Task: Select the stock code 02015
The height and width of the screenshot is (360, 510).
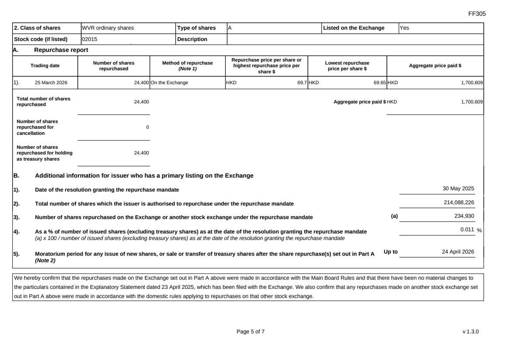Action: click(x=90, y=39)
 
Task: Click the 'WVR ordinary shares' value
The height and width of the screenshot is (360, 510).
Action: click(x=107, y=28)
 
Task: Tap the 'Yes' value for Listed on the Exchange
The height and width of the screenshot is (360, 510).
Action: click(x=404, y=28)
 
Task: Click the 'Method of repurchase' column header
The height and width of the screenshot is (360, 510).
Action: click(x=187, y=66)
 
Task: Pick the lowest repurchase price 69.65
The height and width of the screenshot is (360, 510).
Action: click(x=379, y=82)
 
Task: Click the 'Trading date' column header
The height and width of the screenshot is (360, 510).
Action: click(x=45, y=66)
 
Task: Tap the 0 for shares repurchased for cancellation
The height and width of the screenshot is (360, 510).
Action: click(x=147, y=127)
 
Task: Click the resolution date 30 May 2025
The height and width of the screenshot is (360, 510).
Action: click(x=458, y=189)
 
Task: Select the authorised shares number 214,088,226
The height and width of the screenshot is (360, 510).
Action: click(x=459, y=202)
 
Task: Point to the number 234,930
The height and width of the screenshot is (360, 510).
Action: click(x=464, y=216)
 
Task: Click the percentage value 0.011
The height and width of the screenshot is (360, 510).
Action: click(x=467, y=230)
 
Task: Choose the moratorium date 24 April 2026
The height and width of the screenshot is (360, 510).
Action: click(x=458, y=252)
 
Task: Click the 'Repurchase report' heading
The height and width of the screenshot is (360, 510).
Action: click(x=61, y=50)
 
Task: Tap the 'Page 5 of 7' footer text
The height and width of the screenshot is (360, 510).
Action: click(x=250, y=332)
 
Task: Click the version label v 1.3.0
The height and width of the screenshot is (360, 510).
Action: click(x=471, y=332)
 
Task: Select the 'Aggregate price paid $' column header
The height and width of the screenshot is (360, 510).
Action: click(x=435, y=66)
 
